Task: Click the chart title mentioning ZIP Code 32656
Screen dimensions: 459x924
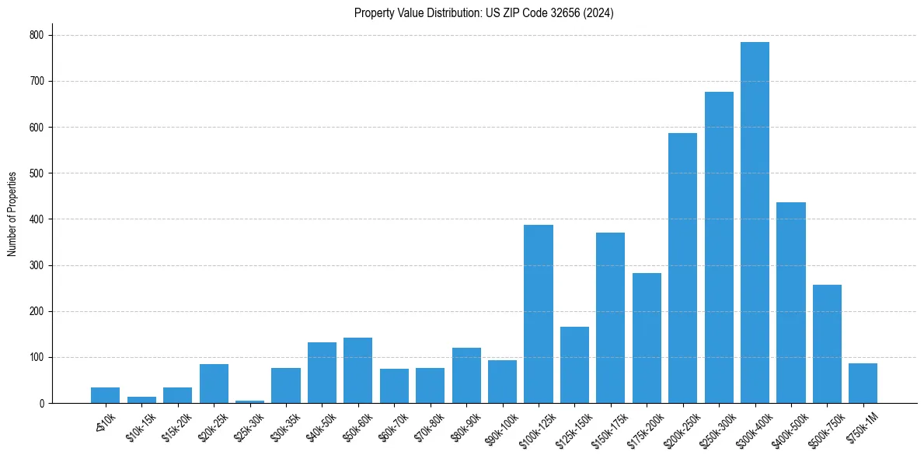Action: point(483,13)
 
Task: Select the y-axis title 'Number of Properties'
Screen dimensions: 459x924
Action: point(12,214)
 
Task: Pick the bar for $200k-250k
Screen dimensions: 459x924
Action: point(682,268)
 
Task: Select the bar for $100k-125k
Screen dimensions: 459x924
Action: point(539,314)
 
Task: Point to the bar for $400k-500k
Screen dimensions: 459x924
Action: point(791,303)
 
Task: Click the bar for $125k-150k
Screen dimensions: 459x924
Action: point(574,365)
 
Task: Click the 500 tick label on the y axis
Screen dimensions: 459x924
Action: point(37,173)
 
